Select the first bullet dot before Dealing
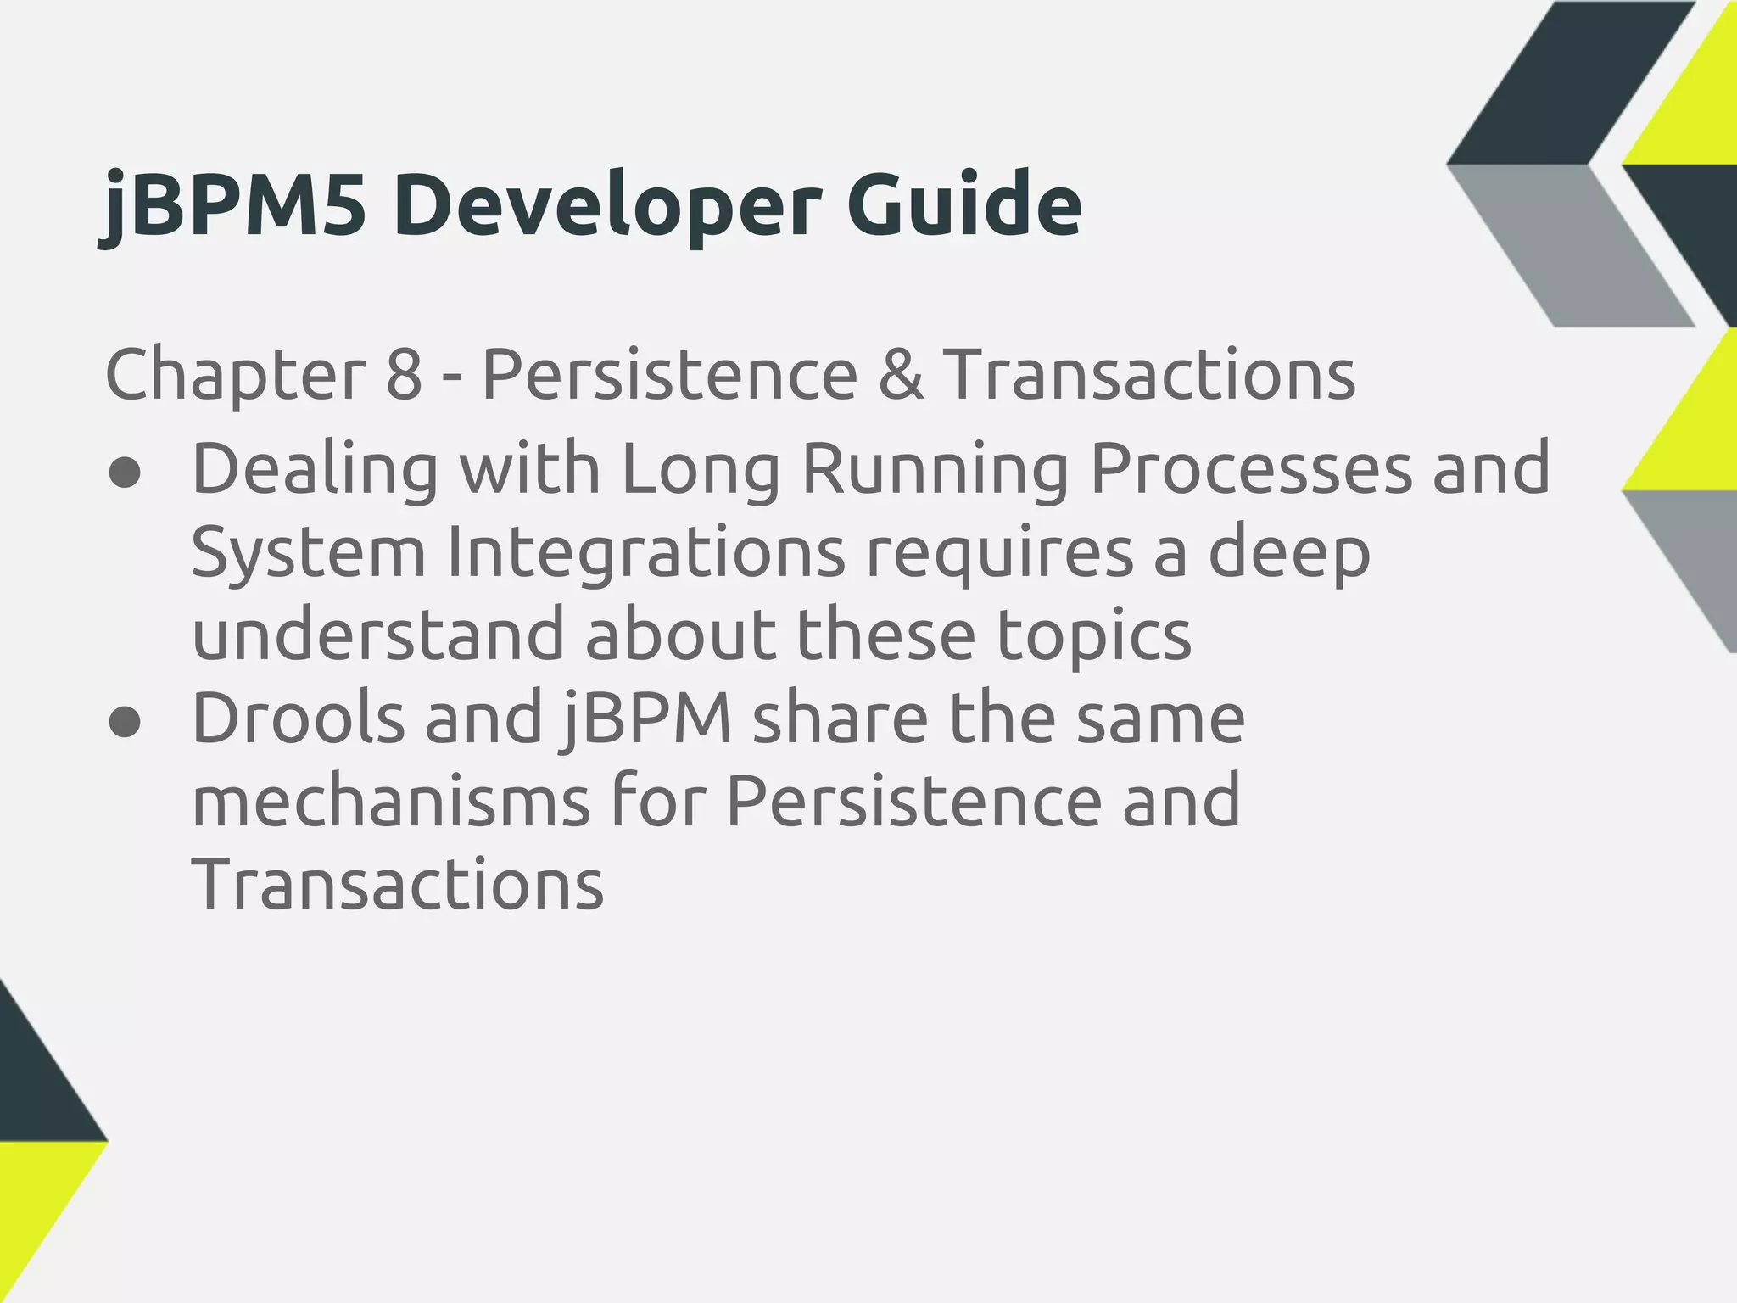(x=125, y=473)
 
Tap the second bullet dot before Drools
(x=125, y=723)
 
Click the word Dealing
(x=315, y=469)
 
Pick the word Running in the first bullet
(x=934, y=469)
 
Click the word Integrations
(x=645, y=551)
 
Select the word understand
(x=378, y=635)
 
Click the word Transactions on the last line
(x=398, y=883)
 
